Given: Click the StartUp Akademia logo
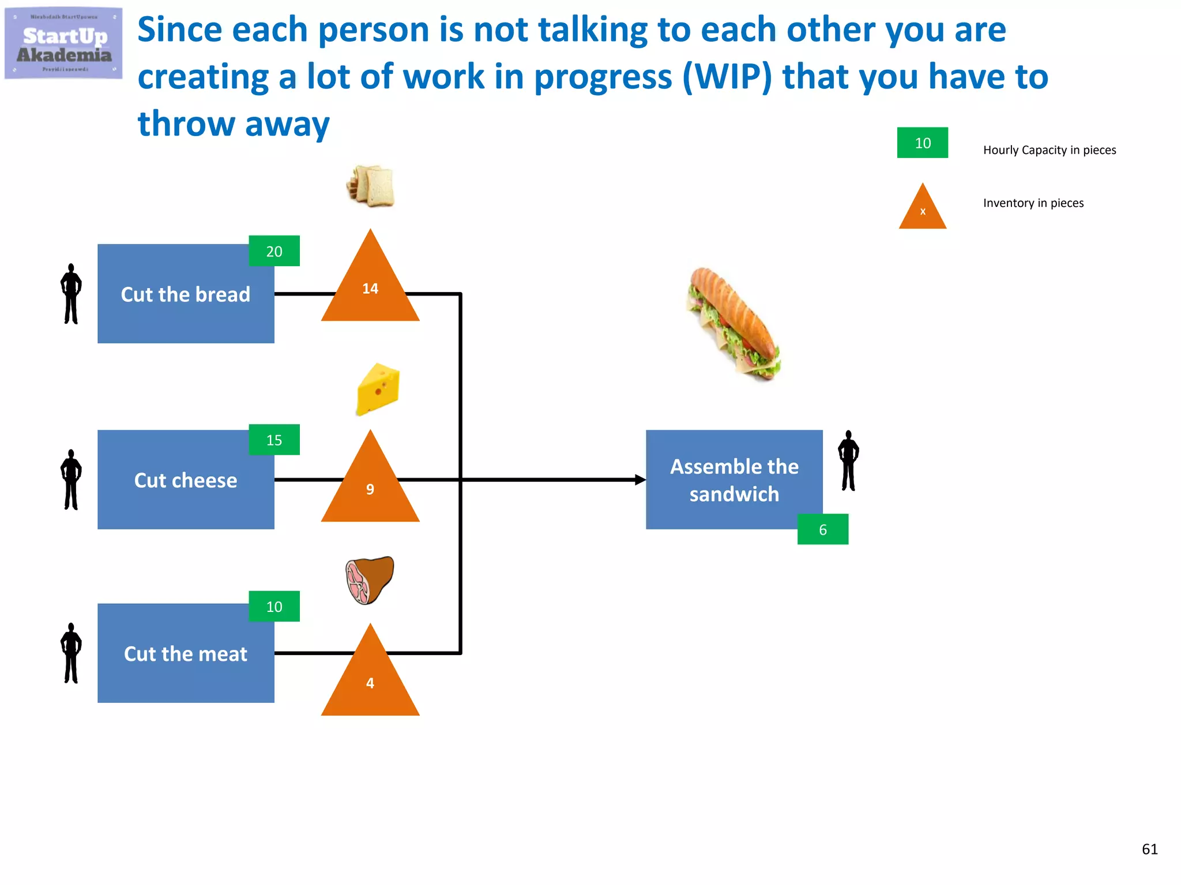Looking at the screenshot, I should point(63,44).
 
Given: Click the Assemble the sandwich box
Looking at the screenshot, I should point(734,479).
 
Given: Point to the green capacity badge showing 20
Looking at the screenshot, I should point(274,251).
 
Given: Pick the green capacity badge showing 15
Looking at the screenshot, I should point(274,440).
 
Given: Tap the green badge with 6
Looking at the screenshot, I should point(822,529).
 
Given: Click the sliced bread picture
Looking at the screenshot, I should point(371,186).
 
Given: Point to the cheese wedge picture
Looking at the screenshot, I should point(378,389).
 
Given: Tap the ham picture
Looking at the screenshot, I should point(370,580).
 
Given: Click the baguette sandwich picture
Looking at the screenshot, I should point(734,324).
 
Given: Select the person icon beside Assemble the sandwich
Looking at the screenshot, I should point(848,461).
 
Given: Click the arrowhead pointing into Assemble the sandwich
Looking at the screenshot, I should point(640,479).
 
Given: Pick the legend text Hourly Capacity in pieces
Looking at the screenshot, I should point(1049,150).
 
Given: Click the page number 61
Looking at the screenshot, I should point(1149,849).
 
